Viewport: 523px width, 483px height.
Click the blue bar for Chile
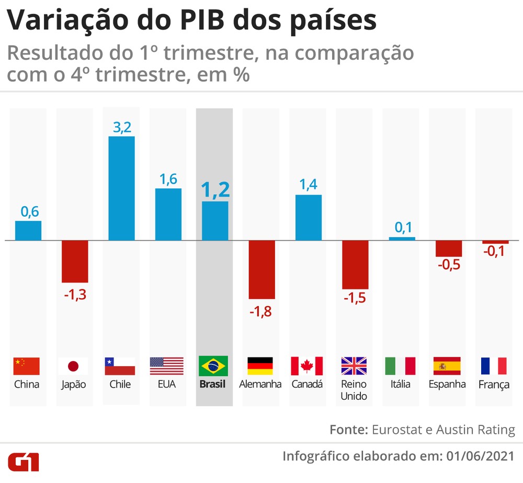[x=121, y=188]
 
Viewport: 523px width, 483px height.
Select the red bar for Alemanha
[x=261, y=269]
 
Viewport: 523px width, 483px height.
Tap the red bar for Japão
[x=75, y=262]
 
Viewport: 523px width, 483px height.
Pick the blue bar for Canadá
[x=308, y=218]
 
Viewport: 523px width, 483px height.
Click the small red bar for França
[x=495, y=242]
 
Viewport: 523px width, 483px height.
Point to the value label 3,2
[x=121, y=127]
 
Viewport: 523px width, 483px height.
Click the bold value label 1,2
[x=215, y=190]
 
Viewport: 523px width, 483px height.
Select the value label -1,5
[x=355, y=298]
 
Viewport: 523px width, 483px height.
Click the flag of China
[x=27, y=366]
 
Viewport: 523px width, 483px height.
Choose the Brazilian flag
[x=214, y=366]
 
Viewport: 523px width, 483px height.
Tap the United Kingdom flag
[x=355, y=366]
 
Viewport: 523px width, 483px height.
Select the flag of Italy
[x=400, y=366]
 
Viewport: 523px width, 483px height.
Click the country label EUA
[x=167, y=385]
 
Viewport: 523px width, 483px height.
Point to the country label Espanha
[x=447, y=385]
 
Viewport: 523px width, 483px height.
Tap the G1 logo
[x=24, y=462]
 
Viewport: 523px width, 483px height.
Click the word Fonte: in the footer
[x=348, y=430]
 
